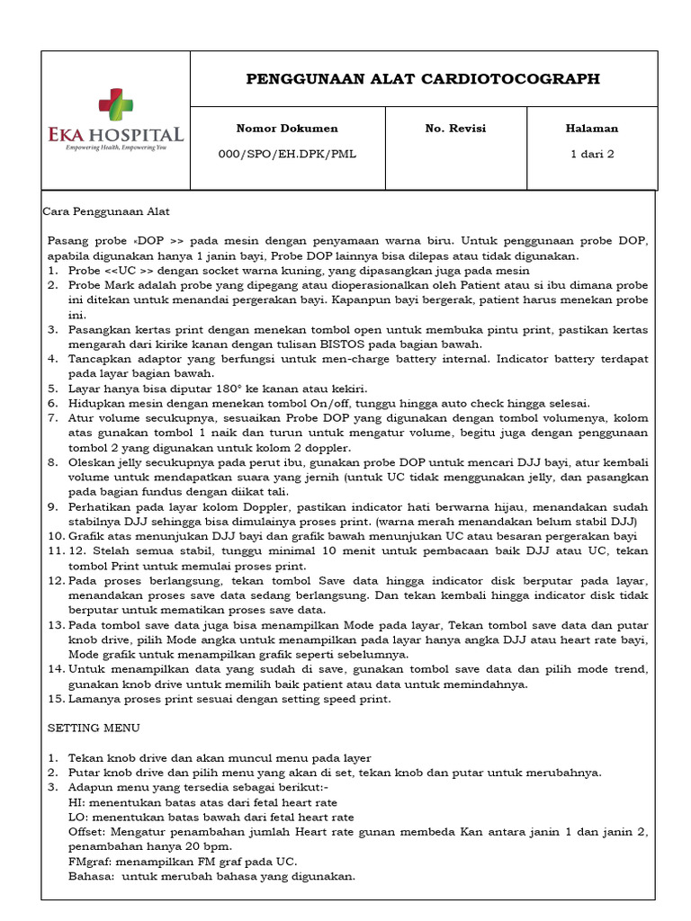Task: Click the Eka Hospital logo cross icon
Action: tap(115, 103)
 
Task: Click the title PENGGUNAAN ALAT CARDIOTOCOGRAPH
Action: tap(423, 79)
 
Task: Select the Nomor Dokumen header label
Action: tap(287, 129)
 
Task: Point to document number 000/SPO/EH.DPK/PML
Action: tap(287, 154)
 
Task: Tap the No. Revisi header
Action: tap(455, 129)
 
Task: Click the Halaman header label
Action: tap(591, 129)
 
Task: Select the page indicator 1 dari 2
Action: tap(591, 154)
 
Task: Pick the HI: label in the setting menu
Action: tap(76, 802)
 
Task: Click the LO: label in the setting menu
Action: tap(78, 817)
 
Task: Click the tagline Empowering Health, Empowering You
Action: tap(115, 147)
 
